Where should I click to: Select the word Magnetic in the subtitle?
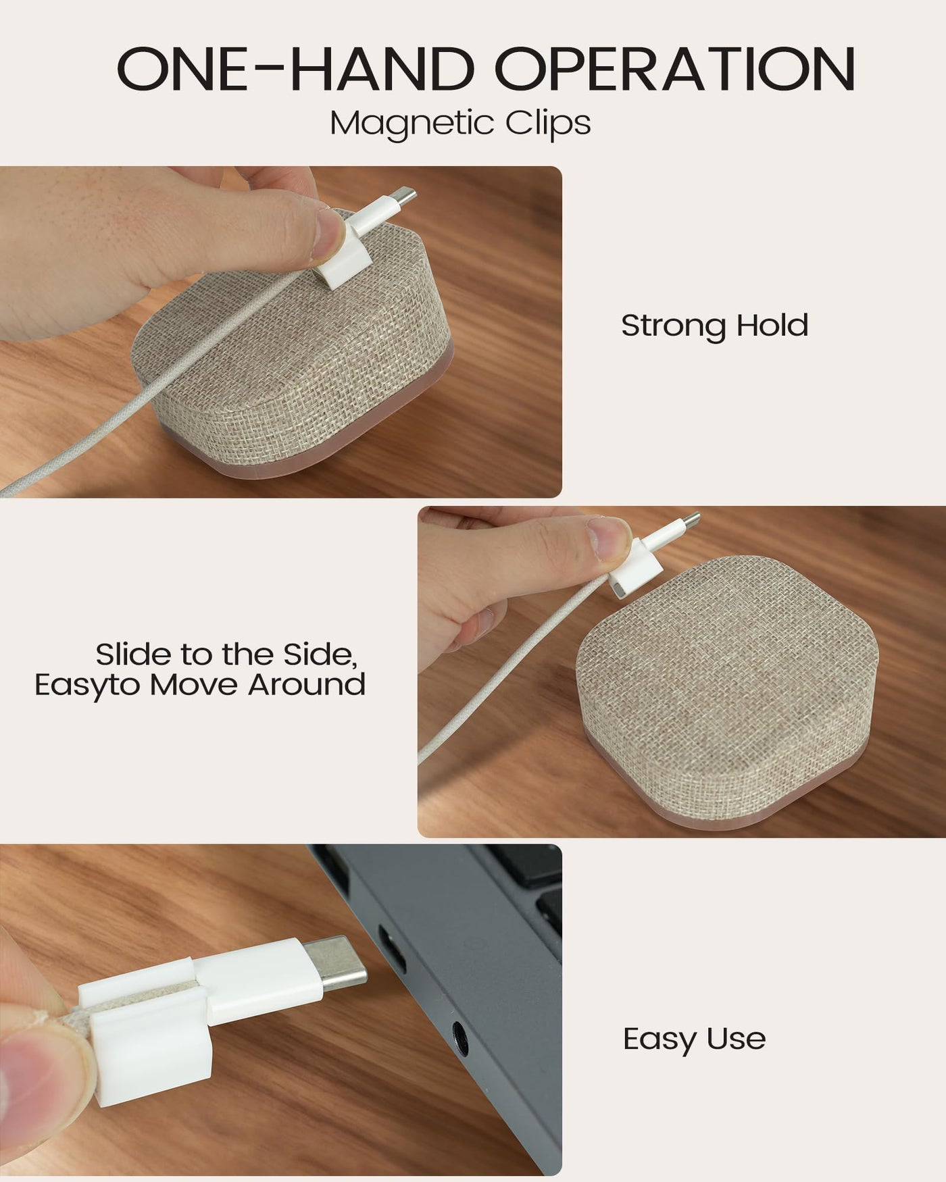pos(403,124)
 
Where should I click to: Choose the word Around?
pos(306,684)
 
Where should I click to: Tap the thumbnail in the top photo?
pos(330,233)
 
